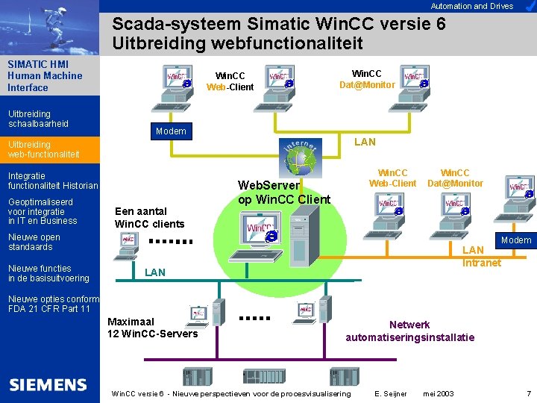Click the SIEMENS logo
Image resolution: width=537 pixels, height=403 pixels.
[x=48, y=385]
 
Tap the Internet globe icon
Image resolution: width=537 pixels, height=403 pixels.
[x=304, y=158]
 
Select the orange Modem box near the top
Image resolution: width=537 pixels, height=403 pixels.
[x=170, y=131]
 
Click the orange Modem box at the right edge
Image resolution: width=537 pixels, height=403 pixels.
[x=516, y=240]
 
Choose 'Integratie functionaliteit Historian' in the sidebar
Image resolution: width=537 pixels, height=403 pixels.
[x=52, y=181]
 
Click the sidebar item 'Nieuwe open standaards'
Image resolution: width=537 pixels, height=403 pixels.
[x=34, y=242]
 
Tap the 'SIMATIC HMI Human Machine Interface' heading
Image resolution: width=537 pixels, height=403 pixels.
[x=45, y=75]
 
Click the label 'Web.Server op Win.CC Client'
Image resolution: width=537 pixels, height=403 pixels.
[x=283, y=192]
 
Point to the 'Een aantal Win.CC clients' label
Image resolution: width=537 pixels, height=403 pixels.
[x=148, y=217]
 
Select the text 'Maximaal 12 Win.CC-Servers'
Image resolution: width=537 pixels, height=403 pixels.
[x=152, y=328]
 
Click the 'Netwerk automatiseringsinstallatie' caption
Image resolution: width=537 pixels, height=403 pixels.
[x=409, y=331]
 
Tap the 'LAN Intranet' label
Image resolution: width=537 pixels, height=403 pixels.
[x=481, y=256]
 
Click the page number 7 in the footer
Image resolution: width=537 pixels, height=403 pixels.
[x=529, y=393]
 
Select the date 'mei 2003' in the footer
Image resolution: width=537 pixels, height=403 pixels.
[x=438, y=393]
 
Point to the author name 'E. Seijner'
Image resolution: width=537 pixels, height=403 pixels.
[x=391, y=393]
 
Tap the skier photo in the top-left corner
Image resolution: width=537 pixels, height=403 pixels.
[x=49, y=27]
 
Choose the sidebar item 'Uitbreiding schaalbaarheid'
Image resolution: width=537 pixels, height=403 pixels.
[x=38, y=119]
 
